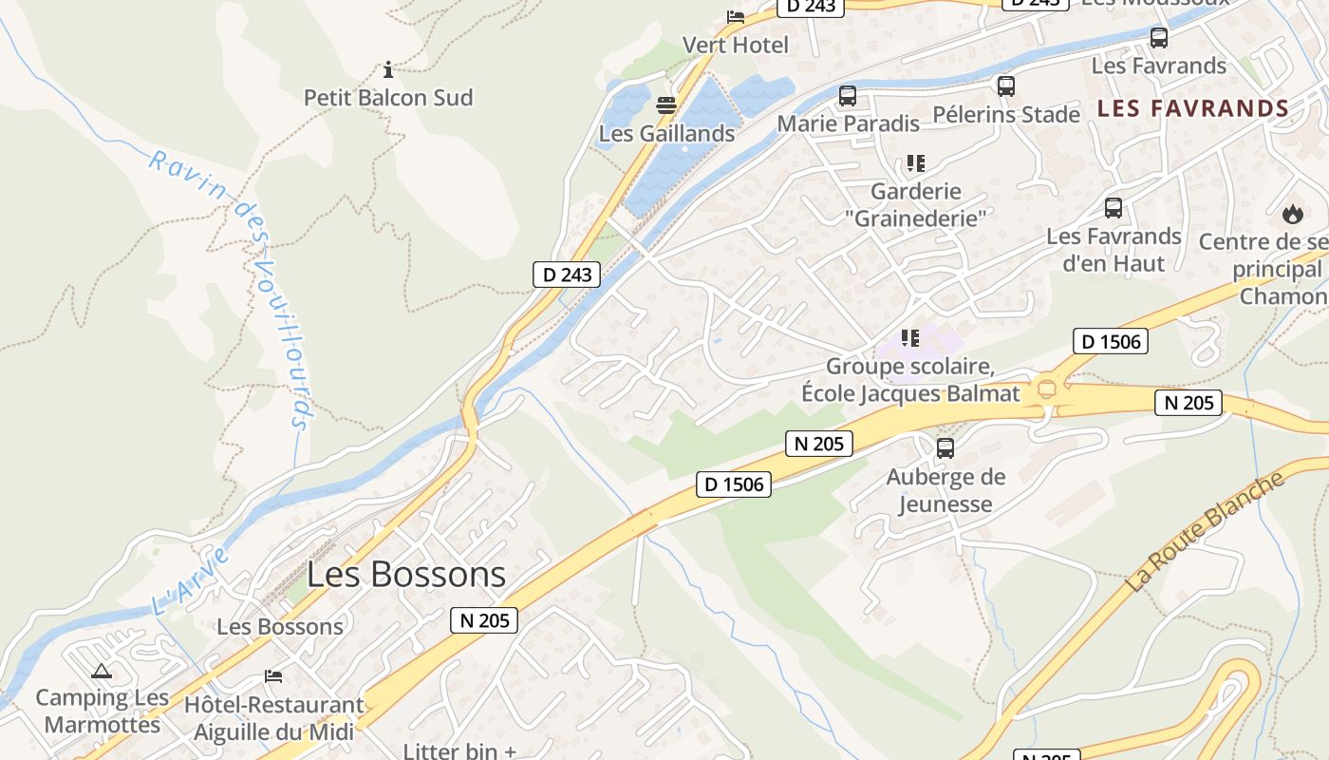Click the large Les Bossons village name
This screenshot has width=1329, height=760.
click(406, 575)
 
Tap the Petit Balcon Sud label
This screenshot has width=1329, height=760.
click(388, 98)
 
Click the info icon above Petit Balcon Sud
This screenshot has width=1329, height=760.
click(388, 69)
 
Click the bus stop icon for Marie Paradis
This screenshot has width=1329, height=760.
click(848, 96)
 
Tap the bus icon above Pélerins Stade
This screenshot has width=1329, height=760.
click(1006, 86)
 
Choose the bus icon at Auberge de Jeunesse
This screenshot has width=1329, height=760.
click(945, 448)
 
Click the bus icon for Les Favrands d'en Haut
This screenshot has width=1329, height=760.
click(1114, 208)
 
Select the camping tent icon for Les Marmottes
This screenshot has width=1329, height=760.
click(102, 671)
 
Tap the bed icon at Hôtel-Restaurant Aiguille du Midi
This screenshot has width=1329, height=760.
click(273, 676)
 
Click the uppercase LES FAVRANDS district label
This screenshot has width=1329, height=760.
click(1193, 108)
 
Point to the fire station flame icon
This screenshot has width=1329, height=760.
click(1292, 214)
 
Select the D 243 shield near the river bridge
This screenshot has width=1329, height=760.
click(567, 275)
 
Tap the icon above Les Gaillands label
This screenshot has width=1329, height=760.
click(666, 104)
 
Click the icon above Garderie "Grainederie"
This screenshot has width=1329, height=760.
click(915, 163)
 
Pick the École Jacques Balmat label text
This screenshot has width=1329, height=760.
click(910, 393)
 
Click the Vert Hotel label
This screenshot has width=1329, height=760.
click(736, 45)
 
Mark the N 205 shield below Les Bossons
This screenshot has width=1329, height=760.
click(485, 621)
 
